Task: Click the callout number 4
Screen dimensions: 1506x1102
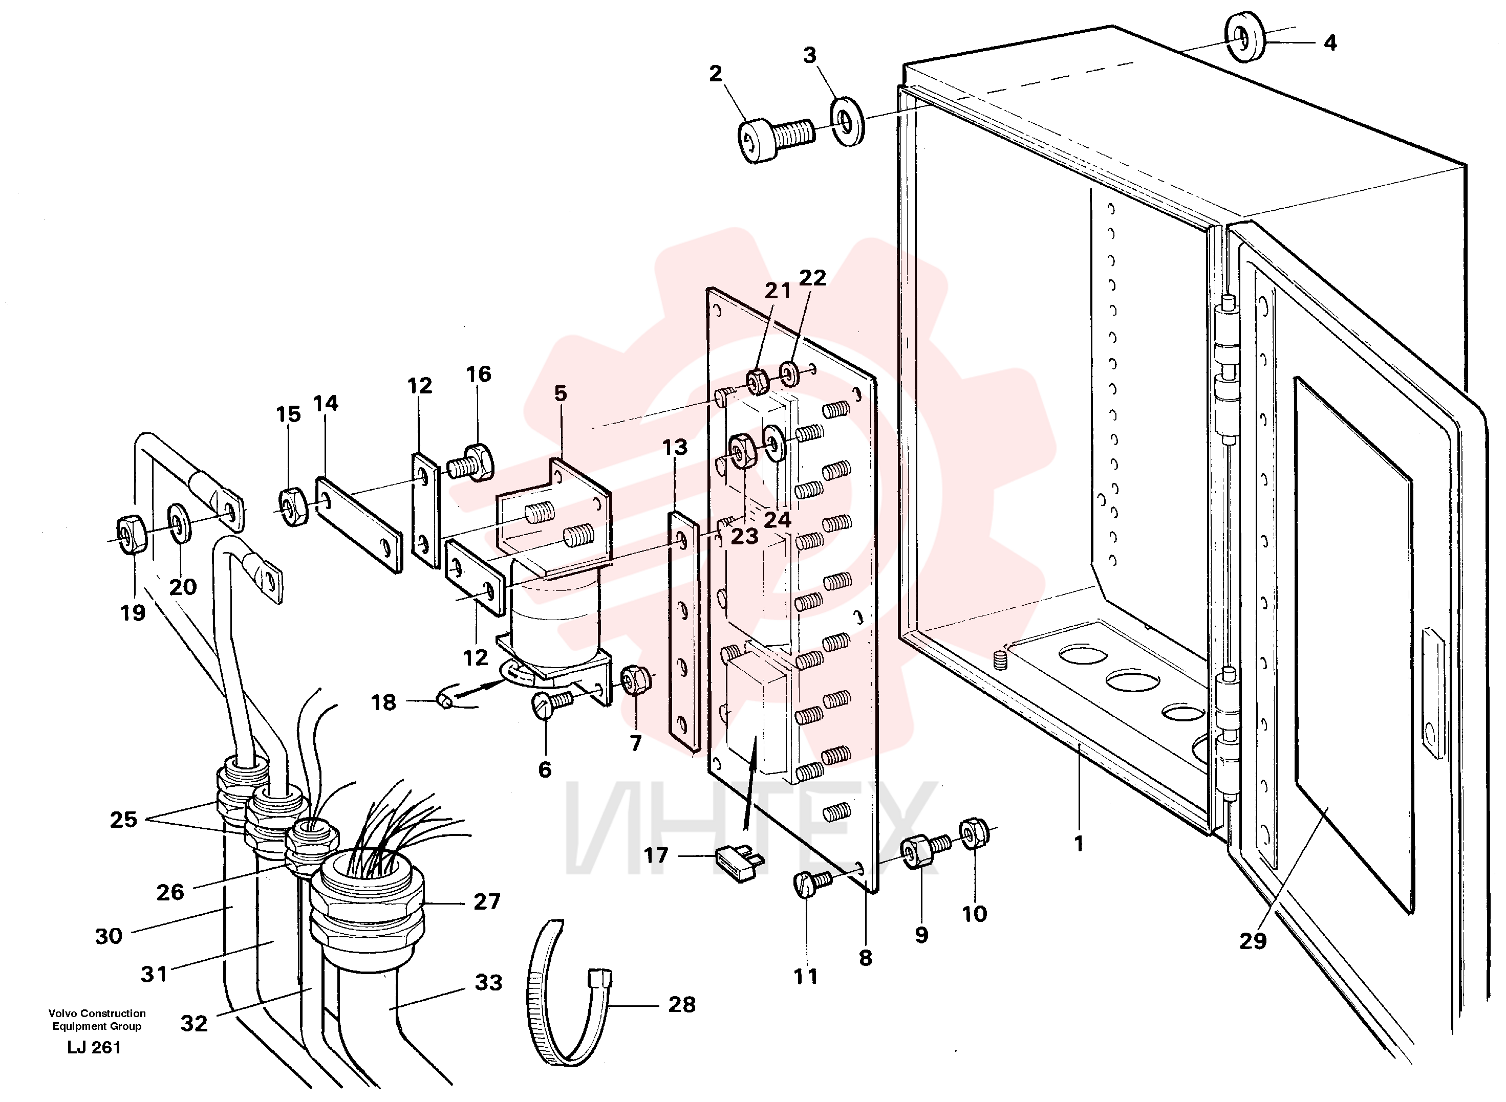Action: point(1330,43)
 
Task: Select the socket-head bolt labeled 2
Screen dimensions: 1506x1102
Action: point(776,138)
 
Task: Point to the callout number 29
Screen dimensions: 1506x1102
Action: point(1253,941)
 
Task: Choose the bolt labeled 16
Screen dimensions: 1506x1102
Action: point(470,461)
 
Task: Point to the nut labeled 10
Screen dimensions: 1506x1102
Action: point(974,833)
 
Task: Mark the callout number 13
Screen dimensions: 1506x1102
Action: point(675,447)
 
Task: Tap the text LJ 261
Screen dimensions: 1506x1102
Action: point(94,1048)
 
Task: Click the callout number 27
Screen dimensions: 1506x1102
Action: point(486,902)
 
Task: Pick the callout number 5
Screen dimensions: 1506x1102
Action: point(561,393)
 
